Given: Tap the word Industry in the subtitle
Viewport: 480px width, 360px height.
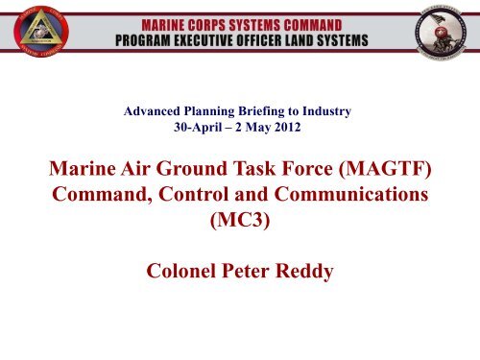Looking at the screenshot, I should [x=330, y=111].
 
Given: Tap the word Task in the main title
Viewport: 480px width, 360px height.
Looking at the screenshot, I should [x=256, y=174].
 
